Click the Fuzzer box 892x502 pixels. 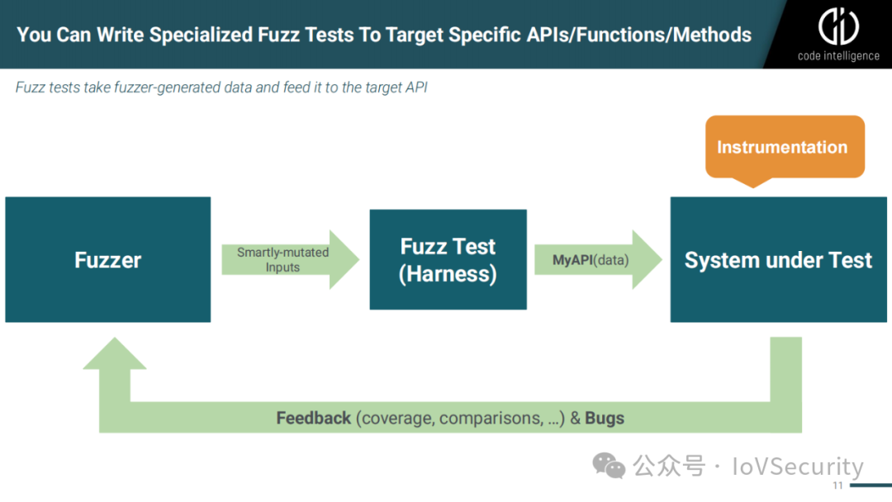pos(107,259)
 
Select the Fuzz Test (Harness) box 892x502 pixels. pos(448,259)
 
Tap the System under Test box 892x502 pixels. pos(778,259)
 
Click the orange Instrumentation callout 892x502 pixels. pos(783,147)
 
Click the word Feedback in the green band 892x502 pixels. pos(314,418)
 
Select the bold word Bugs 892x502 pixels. pos(605,418)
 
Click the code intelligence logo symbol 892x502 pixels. pos(838,26)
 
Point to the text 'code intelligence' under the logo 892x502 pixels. pos(838,56)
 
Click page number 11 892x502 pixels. pos(838,485)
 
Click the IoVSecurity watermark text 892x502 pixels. pos(797,466)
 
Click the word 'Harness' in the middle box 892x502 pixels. pos(448,274)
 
